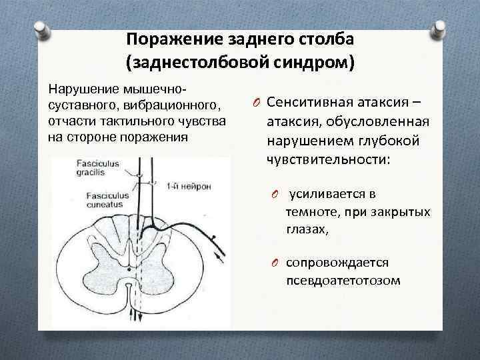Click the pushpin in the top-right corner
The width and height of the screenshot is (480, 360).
pos(439,28)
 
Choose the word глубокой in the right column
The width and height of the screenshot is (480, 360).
pos(391,142)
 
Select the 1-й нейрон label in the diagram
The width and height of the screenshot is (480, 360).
pos(189,187)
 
